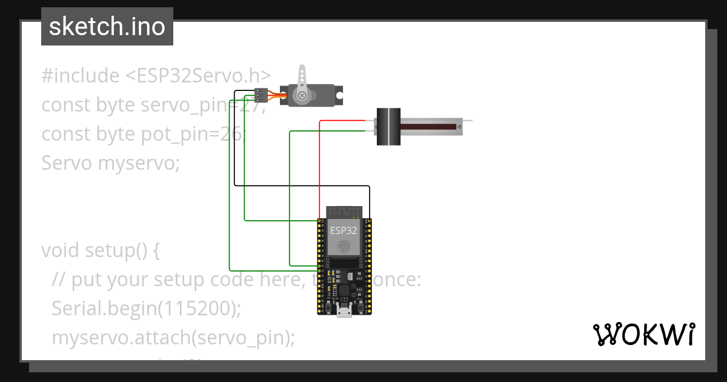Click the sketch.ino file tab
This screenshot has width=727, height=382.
(107, 27)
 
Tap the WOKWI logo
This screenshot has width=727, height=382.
(643, 334)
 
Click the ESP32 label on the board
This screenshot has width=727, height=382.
(343, 230)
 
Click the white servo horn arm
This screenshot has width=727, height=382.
(302, 78)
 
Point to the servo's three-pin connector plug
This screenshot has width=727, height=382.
(261, 95)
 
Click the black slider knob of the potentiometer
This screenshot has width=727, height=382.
(388, 126)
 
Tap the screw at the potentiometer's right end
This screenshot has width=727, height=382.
(460, 126)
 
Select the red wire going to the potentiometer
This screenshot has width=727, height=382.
(319, 164)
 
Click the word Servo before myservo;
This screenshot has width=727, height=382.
(67, 163)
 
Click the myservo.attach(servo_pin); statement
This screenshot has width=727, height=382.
(173, 338)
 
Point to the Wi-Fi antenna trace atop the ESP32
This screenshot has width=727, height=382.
(344, 212)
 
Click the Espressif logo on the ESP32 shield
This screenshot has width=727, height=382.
(344, 246)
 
